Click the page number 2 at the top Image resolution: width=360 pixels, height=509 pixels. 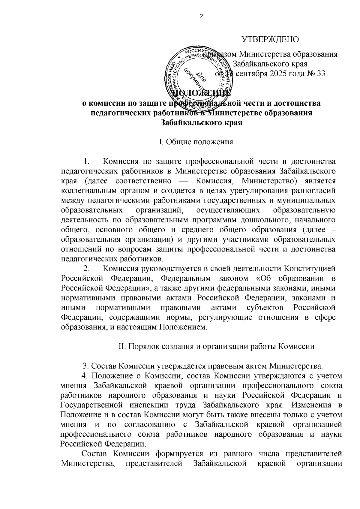point(201,17)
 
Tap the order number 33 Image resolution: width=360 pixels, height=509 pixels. point(320,74)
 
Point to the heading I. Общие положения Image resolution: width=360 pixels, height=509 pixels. point(196,142)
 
